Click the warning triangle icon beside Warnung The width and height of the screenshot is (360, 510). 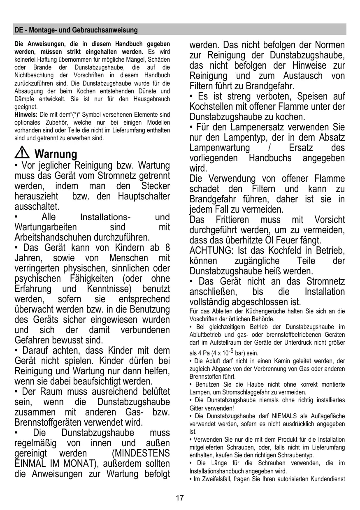pyautogui.click(x=21, y=154)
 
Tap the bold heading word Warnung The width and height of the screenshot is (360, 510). pyautogui.click(x=56, y=154)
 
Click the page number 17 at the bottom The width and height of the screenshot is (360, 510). pyautogui.click(x=180, y=498)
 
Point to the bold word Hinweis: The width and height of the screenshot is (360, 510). pyautogui.click(x=26, y=114)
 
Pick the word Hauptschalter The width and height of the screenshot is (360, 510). pyautogui.click(x=144, y=197)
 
